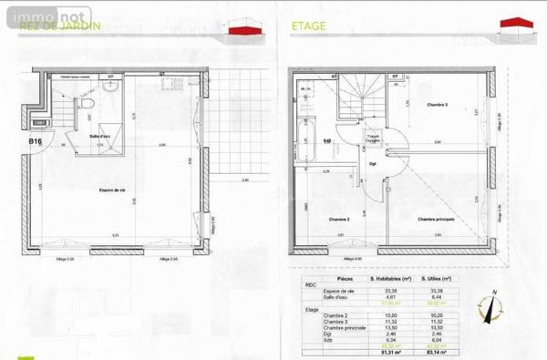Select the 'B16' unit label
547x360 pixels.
(x=36, y=142)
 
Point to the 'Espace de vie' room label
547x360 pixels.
(x=113, y=190)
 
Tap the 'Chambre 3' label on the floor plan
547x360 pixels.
(x=438, y=106)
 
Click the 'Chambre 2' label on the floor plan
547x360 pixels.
(x=340, y=220)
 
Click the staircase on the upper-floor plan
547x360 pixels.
(x=359, y=97)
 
